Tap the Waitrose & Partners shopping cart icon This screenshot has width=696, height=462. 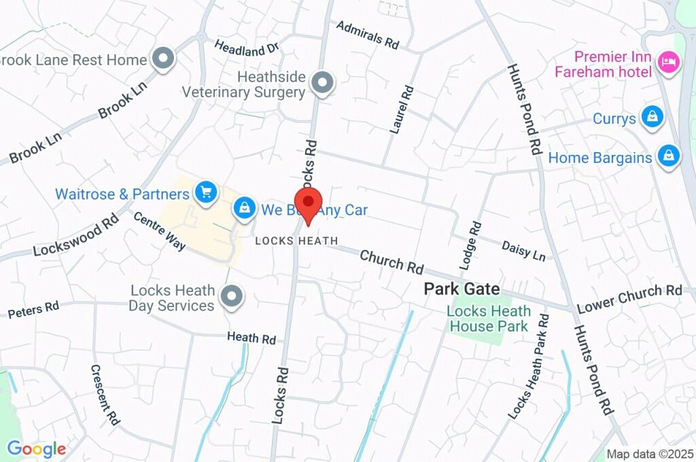[205, 193]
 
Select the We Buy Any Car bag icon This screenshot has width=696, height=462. [244, 209]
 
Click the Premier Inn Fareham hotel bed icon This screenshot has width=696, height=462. [669, 64]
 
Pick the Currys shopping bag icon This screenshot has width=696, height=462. [652, 118]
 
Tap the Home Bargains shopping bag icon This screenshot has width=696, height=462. [669, 157]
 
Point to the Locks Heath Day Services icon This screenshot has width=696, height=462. [232, 298]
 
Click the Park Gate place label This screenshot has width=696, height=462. [462, 289]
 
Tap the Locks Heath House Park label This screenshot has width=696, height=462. [488, 319]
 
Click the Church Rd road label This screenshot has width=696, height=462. [391, 262]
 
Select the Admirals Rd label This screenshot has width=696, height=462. [368, 35]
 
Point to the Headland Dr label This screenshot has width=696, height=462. [247, 48]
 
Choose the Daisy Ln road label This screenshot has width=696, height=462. [523, 251]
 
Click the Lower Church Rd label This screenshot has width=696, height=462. [629, 299]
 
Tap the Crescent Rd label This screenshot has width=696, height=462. [105, 395]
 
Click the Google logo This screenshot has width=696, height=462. [36, 448]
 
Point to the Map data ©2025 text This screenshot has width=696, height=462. [650, 454]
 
